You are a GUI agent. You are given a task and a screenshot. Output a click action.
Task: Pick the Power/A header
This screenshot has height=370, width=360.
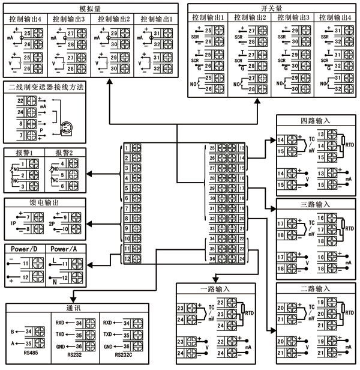click(x=65, y=249)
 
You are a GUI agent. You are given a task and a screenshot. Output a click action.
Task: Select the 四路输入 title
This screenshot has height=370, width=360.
click(x=313, y=121)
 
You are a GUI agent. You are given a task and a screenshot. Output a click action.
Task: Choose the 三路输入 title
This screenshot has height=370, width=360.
click(x=313, y=205)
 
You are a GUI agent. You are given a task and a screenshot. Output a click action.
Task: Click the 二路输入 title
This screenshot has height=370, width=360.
click(x=313, y=289)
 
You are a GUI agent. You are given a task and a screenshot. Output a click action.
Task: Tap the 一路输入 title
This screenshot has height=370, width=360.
click(x=214, y=289)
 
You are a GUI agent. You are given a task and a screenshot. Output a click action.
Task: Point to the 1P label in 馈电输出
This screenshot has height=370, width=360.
click(x=12, y=222)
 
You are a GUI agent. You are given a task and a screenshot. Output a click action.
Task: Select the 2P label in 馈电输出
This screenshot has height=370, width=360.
click(x=49, y=222)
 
